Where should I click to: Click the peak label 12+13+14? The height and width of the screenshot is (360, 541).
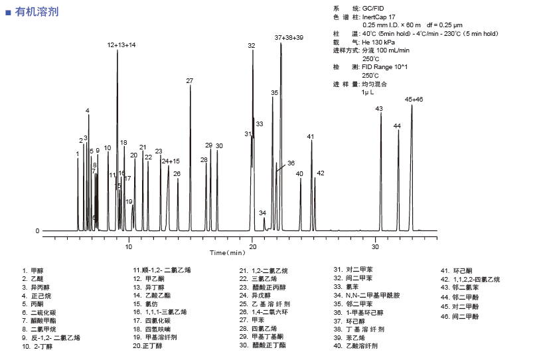[x=121, y=45]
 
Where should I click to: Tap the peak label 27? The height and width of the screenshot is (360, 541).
[x=190, y=81]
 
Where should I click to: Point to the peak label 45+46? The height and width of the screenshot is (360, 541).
[x=414, y=99]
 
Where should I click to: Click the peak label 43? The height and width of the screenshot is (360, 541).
[x=379, y=108]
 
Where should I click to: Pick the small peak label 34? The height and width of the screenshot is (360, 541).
[x=263, y=213]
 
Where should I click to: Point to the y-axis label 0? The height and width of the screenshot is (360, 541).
[x=37, y=231]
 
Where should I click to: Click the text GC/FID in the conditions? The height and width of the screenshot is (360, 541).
[x=374, y=7]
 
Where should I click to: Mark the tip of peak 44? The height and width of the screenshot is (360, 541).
[x=398, y=130]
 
